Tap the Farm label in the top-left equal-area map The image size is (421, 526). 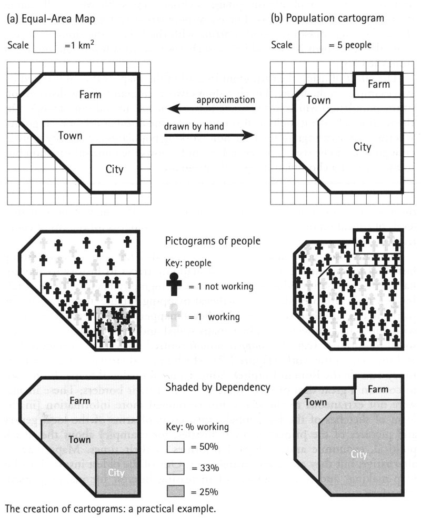91,95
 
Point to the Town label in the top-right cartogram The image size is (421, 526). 318,100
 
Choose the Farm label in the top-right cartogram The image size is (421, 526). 378,84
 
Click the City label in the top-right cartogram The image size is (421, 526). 362,147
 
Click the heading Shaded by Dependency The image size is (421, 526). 217,387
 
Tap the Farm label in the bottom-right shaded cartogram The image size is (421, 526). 378,389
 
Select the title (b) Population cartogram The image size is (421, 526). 327,18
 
